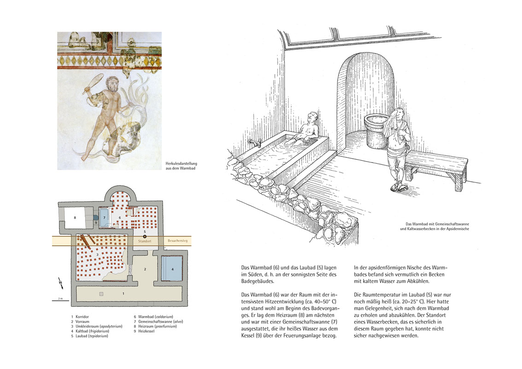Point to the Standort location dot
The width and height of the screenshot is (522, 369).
[144, 236]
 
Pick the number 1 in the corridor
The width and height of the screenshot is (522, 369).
[123, 293]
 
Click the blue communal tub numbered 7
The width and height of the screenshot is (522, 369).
[104, 217]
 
